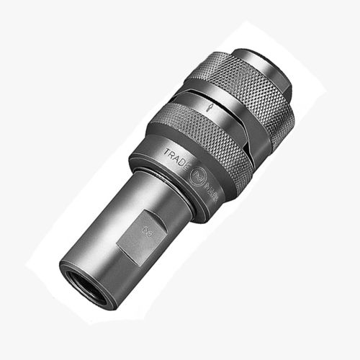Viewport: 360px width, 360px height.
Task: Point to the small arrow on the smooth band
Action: click(207, 106)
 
